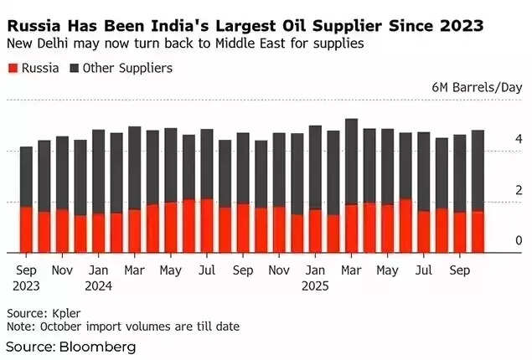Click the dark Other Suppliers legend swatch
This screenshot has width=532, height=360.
click(76, 66)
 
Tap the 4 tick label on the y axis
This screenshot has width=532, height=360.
click(519, 138)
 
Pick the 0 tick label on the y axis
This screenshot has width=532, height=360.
click(519, 240)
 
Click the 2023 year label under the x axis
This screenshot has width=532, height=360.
click(26, 285)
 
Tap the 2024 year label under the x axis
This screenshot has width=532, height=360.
click(98, 285)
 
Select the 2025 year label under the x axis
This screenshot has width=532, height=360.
click(314, 285)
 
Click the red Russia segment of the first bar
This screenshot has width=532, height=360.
click(26, 229)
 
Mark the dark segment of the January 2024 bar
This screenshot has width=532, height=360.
click(99, 172)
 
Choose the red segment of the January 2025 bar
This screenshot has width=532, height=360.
click(315, 231)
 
